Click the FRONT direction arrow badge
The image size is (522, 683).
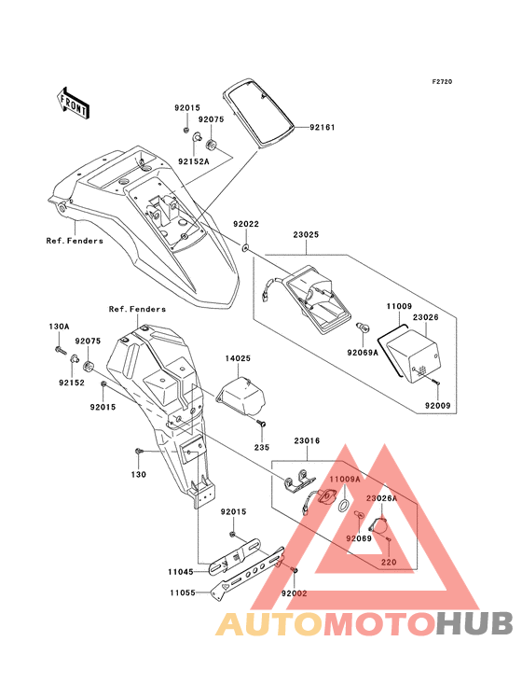click(74, 103)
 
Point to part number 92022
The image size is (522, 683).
click(246, 224)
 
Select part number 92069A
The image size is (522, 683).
click(364, 354)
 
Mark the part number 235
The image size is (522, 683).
click(263, 447)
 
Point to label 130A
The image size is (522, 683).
click(59, 327)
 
